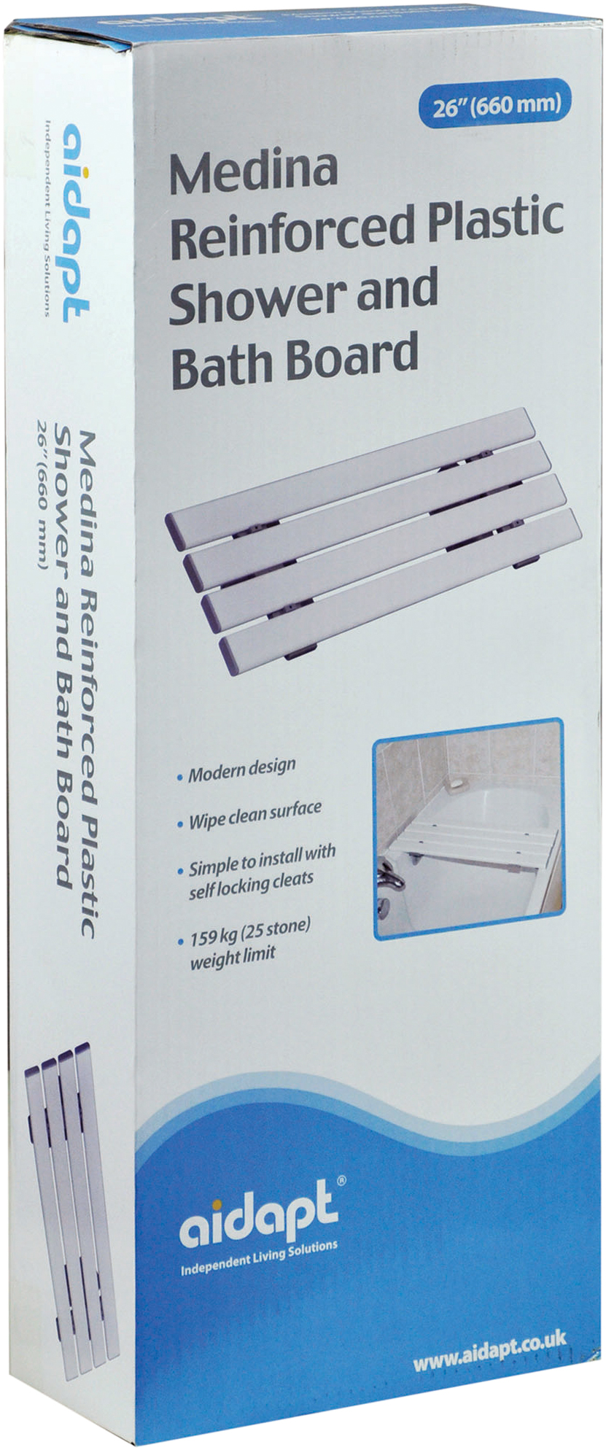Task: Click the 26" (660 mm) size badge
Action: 494,104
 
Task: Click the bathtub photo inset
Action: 468,829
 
